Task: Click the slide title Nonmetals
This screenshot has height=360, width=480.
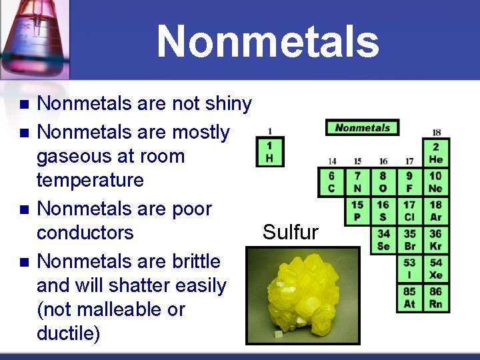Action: [267, 41]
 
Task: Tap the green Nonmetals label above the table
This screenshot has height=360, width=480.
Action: [362, 127]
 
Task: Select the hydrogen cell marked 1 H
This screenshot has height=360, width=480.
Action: [269, 153]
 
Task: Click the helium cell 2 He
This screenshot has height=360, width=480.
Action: [435, 153]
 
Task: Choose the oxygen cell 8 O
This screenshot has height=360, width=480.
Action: [383, 182]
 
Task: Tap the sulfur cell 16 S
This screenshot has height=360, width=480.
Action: [383, 211]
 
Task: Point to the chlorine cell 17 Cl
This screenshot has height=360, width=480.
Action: [409, 211]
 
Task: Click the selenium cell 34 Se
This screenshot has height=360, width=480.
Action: [383, 239]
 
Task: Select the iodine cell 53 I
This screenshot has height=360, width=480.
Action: [409, 269]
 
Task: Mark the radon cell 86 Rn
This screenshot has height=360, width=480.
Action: [435, 297]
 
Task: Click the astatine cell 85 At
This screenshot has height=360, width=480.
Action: [409, 297]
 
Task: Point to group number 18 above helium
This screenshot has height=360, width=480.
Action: [436, 132]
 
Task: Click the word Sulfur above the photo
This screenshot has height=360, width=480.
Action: [290, 232]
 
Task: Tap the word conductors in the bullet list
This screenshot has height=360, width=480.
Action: [85, 233]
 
